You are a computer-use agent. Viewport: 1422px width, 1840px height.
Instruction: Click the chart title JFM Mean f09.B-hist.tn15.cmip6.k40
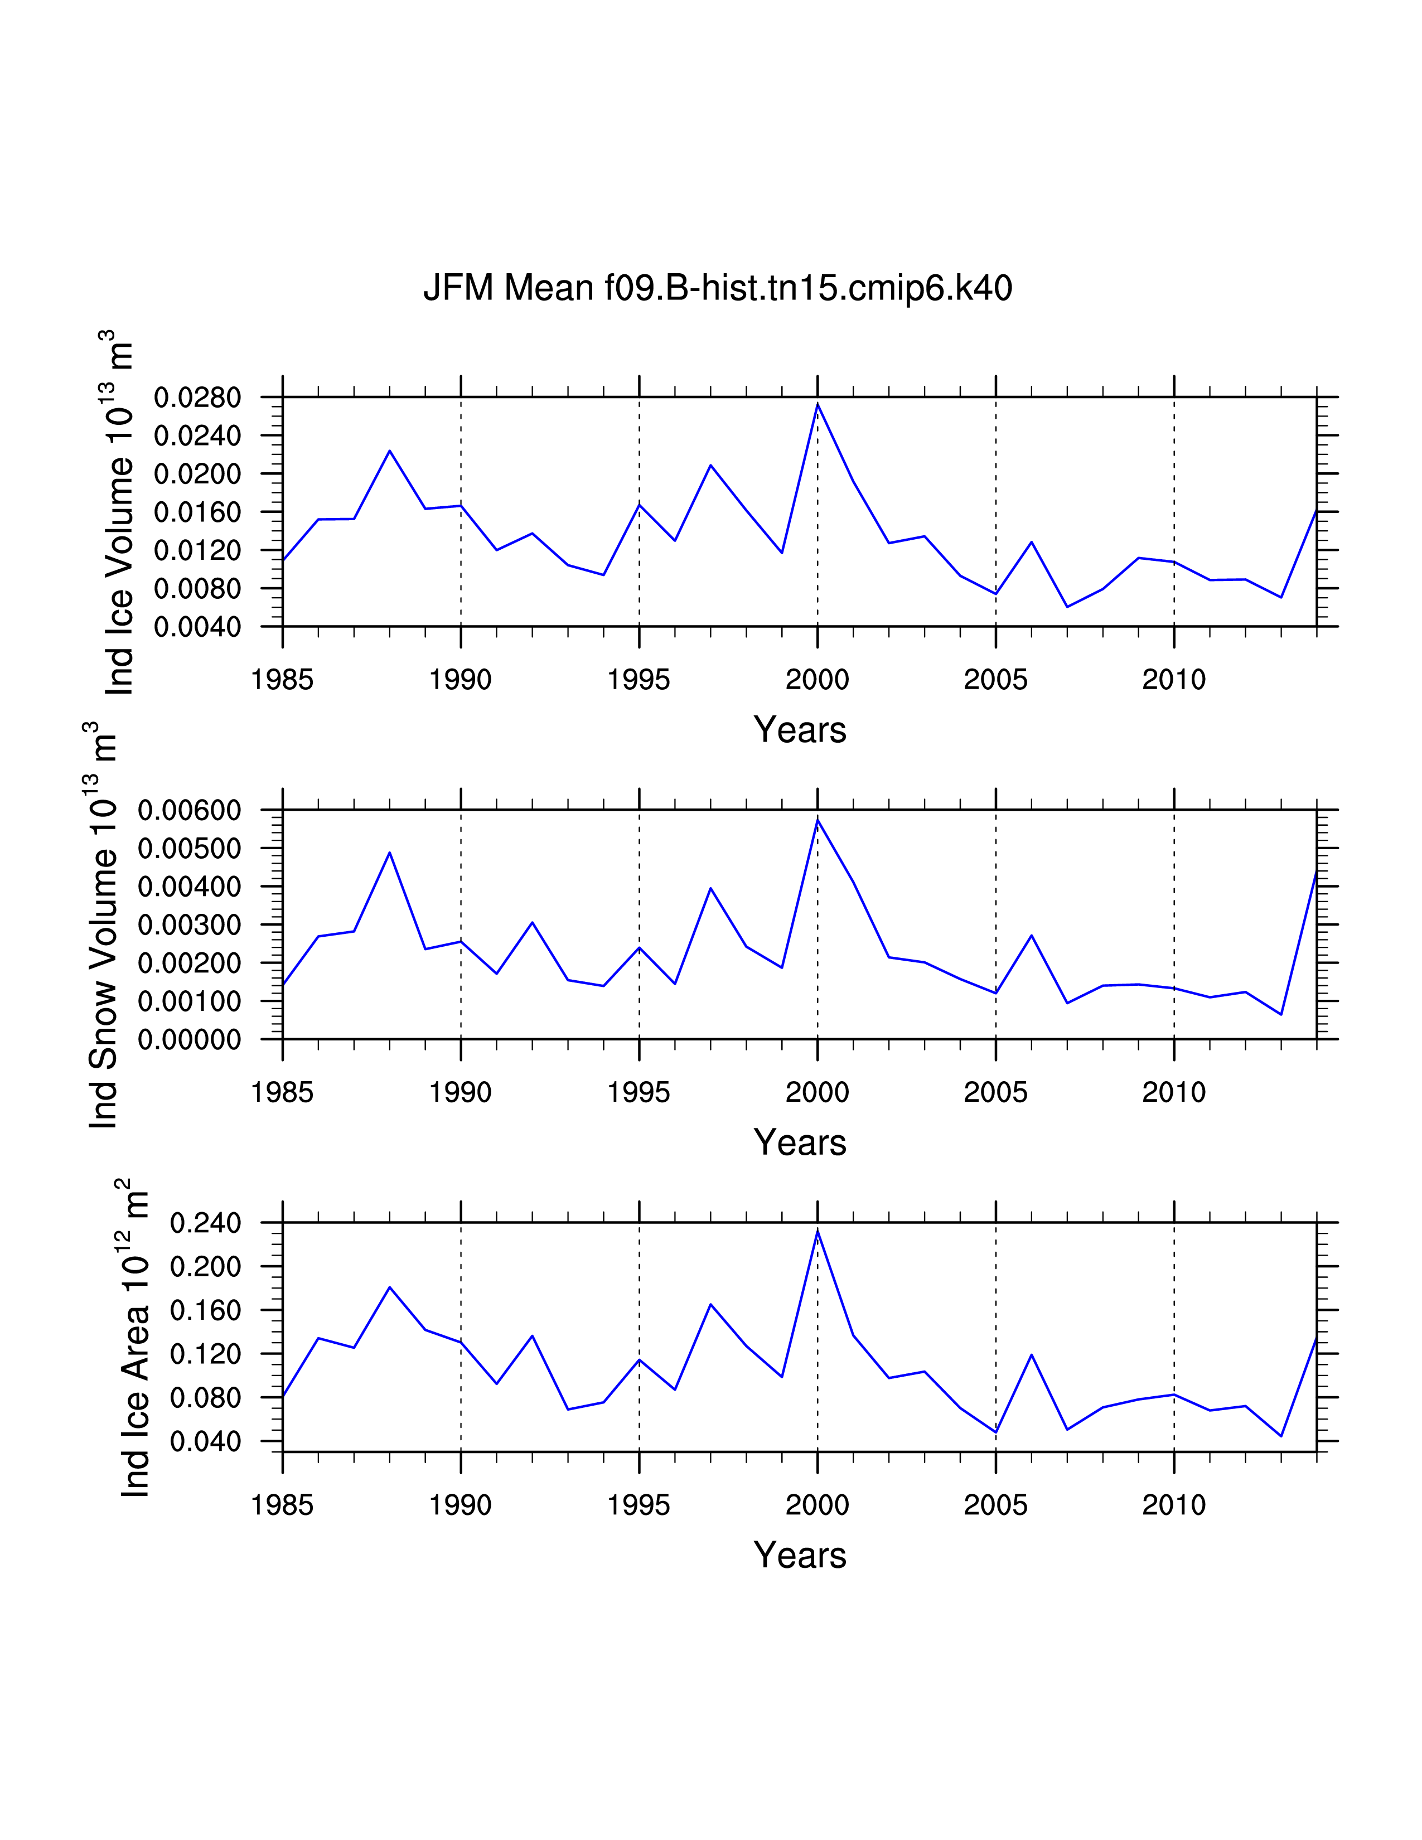pyautogui.click(x=717, y=288)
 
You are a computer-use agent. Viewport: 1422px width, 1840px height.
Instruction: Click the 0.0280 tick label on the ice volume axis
pyautogui.click(x=197, y=398)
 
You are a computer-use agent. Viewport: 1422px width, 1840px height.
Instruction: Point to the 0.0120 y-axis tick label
pyautogui.click(x=197, y=551)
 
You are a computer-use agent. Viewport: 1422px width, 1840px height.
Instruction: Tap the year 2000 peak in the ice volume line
pyautogui.click(x=817, y=404)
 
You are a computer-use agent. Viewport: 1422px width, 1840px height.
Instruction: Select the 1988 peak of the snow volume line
pyautogui.click(x=389, y=853)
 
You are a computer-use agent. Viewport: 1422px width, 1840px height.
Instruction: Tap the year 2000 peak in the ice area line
pyautogui.click(x=817, y=1231)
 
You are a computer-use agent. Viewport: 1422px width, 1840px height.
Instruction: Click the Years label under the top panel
pyautogui.click(x=800, y=730)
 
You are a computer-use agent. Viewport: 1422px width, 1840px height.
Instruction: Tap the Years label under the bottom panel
pyautogui.click(x=800, y=1555)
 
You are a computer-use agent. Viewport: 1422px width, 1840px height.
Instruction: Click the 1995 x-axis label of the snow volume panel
pyautogui.click(x=639, y=1093)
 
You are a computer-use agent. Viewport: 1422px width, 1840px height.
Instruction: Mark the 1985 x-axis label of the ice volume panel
pyautogui.click(x=282, y=680)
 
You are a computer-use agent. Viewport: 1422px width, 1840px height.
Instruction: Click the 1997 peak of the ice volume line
pyautogui.click(x=710, y=465)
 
